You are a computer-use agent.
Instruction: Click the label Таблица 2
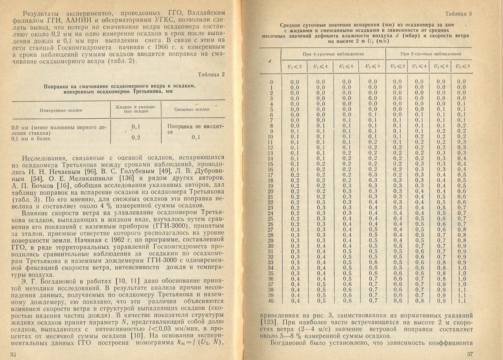click(211, 75)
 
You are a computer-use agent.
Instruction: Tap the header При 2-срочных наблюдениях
click(430, 55)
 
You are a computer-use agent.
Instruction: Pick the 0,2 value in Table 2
click(135, 138)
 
